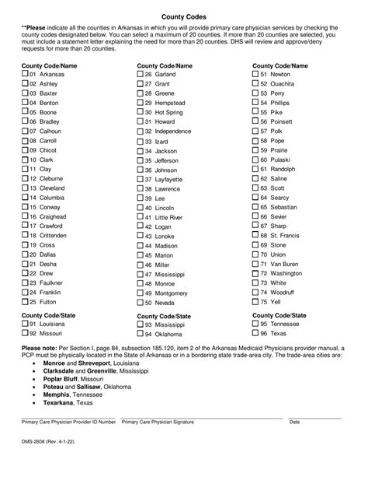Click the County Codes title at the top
183,15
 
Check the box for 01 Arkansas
25,74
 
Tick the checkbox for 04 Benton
25,102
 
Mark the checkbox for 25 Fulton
25,301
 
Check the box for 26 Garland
141,74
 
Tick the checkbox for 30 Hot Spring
141,112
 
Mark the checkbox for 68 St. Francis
257,235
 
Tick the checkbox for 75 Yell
257,301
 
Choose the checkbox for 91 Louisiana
25,323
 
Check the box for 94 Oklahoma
141,332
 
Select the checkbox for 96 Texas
257,332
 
